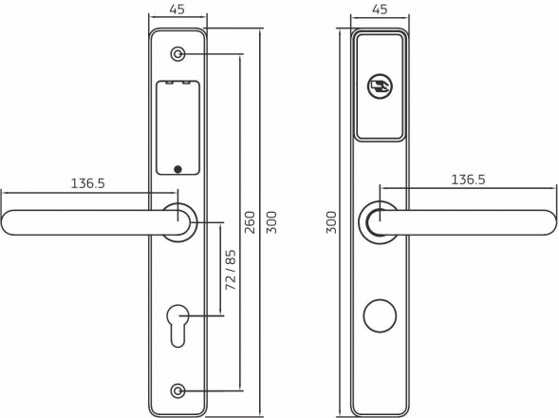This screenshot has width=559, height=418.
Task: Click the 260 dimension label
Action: (251, 222)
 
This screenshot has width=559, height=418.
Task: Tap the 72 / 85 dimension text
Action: (231, 270)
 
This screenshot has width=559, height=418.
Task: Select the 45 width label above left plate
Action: (177, 9)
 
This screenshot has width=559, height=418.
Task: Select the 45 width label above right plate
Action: (380, 9)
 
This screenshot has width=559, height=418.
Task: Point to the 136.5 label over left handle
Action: (87, 183)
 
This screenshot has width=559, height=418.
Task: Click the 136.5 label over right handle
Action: (468, 180)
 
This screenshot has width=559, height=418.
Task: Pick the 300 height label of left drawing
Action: (271, 222)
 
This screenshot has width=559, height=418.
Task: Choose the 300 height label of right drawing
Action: (331, 222)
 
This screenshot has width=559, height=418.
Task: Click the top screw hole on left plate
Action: (177, 54)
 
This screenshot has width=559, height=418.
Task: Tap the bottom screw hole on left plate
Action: (177, 391)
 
